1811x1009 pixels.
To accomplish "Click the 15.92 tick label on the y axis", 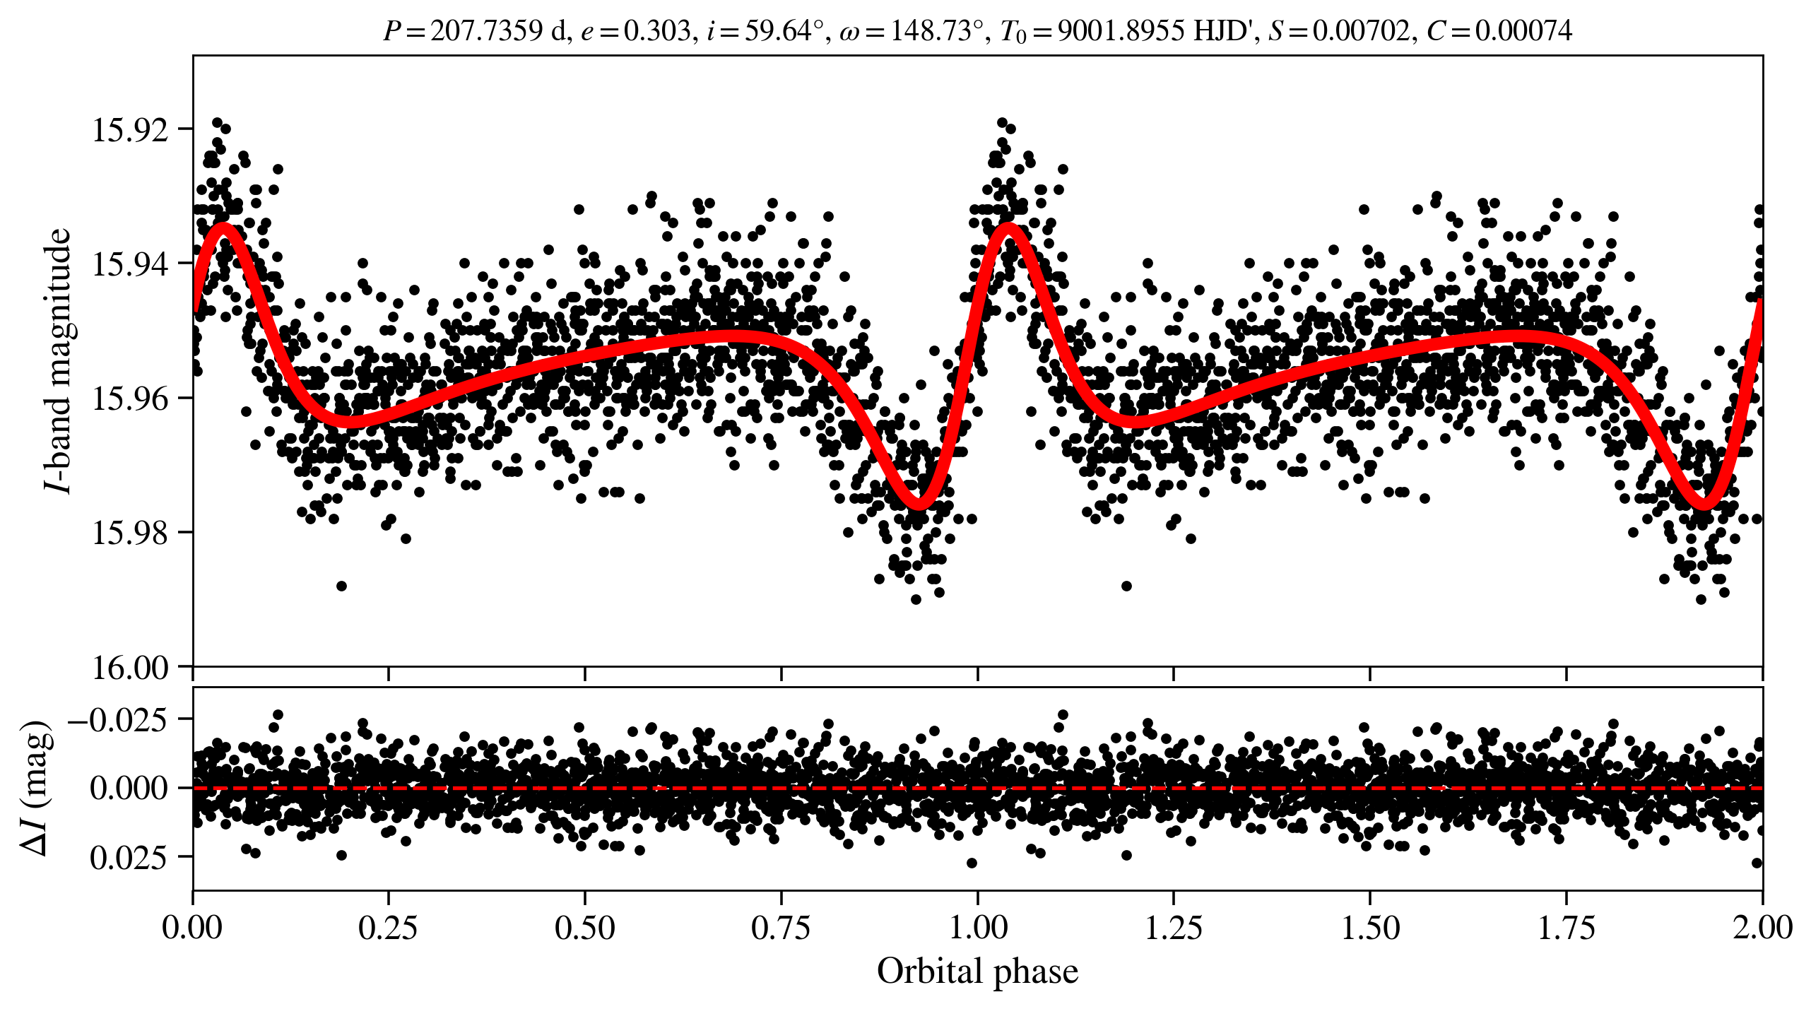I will (131, 130).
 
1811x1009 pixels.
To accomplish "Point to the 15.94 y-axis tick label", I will (131, 264).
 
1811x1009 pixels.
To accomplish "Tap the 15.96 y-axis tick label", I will (131, 399).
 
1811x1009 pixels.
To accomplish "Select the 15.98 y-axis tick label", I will (131, 533).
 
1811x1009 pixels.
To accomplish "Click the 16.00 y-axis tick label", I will (131, 667).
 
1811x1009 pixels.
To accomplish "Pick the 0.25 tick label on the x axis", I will (388, 928).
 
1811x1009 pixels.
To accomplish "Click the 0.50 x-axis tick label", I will (584, 928).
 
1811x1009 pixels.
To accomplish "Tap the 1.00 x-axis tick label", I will (977, 928).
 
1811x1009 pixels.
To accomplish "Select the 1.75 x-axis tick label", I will (1567, 928).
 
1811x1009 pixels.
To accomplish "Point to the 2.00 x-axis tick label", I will (1762, 928).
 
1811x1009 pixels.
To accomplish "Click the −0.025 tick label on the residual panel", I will (117, 720).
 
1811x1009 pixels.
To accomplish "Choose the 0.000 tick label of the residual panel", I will (129, 788).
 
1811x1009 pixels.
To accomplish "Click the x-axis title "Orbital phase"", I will (977, 972).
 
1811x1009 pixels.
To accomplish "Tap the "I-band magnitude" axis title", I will (58, 360).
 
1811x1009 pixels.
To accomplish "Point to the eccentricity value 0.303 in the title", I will (656, 31).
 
